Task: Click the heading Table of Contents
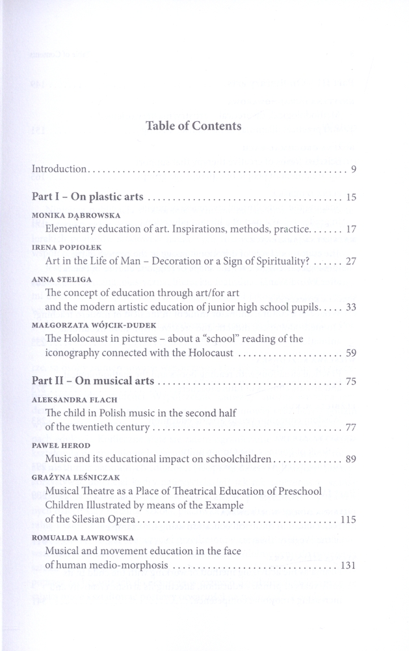(x=194, y=126)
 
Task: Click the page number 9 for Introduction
(x=353, y=170)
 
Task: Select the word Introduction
(x=59, y=169)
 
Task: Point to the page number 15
(x=351, y=197)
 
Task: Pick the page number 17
(x=351, y=229)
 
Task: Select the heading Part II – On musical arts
(x=93, y=381)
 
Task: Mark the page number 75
(x=351, y=381)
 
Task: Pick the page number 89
(x=351, y=460)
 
